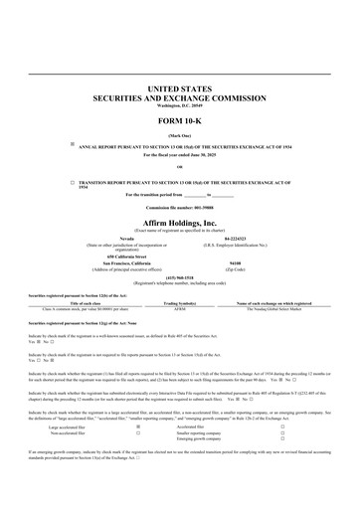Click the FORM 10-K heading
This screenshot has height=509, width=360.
[180, 123]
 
